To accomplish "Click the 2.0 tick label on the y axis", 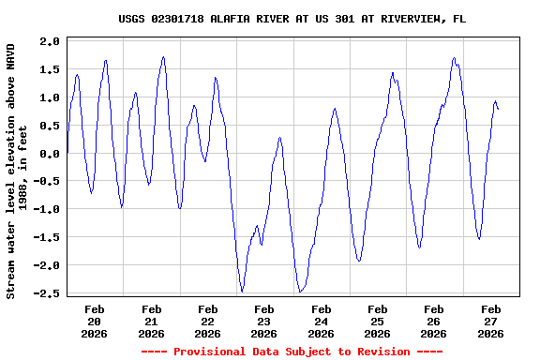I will pyautogui.click(x=50, y=41).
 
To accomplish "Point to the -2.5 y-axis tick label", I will pyautogui.click(x=46, y=293).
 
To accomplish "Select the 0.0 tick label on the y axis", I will pyautogui.click(x=50, y=154).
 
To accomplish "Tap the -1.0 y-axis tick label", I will pyautogui.click(x=46, y=209).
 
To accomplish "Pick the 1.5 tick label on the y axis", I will pyautogui.click(x=50, y=69).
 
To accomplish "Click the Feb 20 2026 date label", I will pyautogui.click(x=95, y=321).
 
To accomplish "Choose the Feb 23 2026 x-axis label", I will pyautogui.click(x=264, y=321).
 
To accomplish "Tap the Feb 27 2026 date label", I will pyautogui.click(x=490, y=321).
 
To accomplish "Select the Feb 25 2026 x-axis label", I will pyautogui.click(x=377, y=321).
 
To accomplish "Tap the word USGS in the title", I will pyautogui.click(x=133, y=19).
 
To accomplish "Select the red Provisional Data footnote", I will pyautogui.click(x=292, y=352).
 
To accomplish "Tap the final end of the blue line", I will pyautogui.click(x=498, y=110).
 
